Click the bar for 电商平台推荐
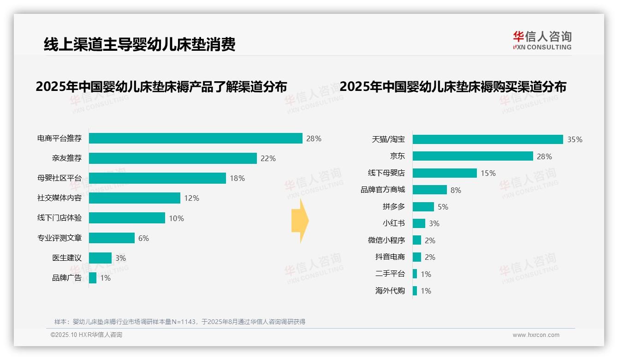196,138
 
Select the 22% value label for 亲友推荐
268,158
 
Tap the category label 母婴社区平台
59,178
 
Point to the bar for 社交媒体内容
134,198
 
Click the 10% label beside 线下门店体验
176,218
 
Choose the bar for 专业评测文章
112,238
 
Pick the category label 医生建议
67,258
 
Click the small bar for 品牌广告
93,278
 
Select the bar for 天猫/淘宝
487,139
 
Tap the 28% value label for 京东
544,156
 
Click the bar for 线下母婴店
445,173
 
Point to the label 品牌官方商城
383,190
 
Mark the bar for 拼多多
423,207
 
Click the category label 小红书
394,223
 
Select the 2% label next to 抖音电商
430,257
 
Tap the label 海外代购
390,291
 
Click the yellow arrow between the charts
300,221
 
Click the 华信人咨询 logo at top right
542,40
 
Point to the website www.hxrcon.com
536,335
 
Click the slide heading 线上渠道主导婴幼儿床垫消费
139,44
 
